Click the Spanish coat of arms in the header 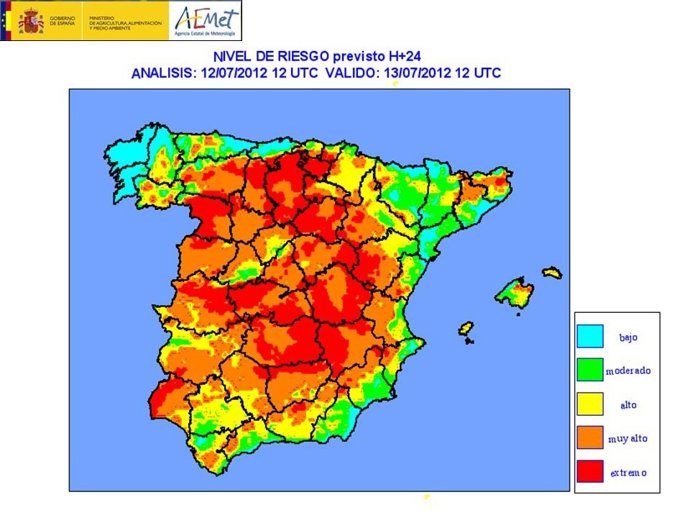[x=31, y=20]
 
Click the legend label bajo [x=628, y=338]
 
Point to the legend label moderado [x=628, y=371]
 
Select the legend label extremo [x=628, y=472]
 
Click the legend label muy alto [x=628, y=439]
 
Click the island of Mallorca [x=515, y=292]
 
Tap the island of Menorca [x=552, y=272]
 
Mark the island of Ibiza [x=466, y=328]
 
